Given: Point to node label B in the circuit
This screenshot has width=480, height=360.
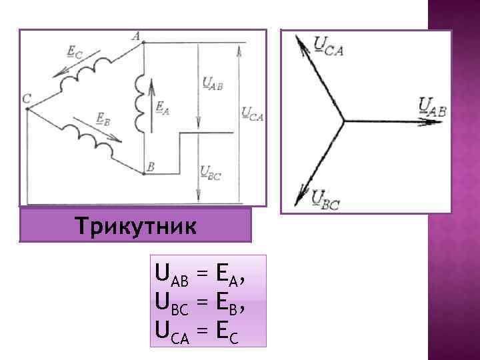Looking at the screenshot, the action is point(151,167).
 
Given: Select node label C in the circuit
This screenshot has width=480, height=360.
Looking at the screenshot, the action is point(26,99).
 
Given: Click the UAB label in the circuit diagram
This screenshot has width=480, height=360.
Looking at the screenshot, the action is point(212,83).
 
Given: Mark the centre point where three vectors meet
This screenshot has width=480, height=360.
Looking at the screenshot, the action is point(343,121).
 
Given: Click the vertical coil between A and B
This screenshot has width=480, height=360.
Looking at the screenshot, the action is point(141,103).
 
